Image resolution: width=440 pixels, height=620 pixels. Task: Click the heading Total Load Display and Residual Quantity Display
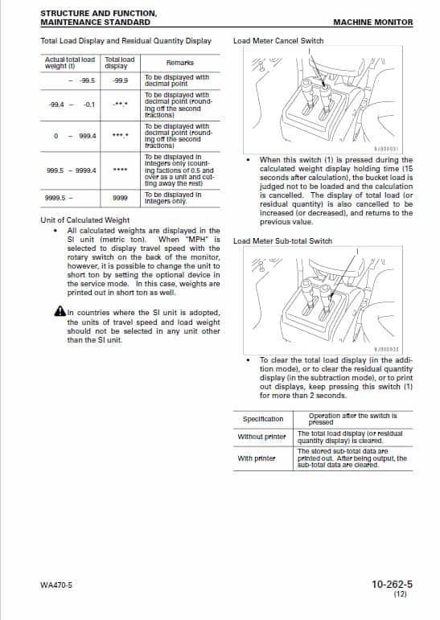click(x=125, y=41)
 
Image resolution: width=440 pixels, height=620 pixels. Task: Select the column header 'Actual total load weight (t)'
click(x=70, y=63)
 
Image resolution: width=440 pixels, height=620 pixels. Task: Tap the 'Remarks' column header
click(x=178, y=63)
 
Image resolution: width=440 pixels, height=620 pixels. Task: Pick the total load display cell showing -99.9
click(x=120, y=80)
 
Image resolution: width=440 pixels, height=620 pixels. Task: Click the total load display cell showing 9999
click(x=120, y=197)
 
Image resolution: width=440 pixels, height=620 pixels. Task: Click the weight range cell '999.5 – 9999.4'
click(x=71, y=170)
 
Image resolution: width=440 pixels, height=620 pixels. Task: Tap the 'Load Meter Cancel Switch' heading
click(x=278, y=41)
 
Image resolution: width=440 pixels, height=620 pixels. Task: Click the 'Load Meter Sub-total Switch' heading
click(x=282, y=240)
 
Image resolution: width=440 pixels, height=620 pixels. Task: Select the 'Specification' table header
click(x=263, y=419)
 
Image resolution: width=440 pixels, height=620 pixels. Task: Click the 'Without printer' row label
click(x=262, y=437)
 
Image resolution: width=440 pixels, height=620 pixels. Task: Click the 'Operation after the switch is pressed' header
click(x=353, y=419)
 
